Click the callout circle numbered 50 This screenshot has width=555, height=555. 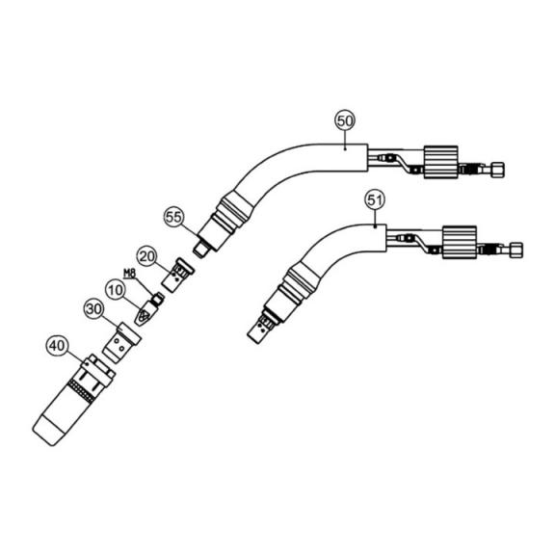click(x=345, y=120)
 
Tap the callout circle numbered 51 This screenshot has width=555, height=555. click(x=375, y=200)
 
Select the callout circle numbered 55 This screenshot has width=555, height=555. click(x=173, y=217)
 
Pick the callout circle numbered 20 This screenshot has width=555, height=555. click(x=146, y=256)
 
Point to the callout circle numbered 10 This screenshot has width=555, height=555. click(x=115, y=290)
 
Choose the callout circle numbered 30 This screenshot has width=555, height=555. click(x=94, y=309)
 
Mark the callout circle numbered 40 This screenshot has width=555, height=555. click(x=57, y=346)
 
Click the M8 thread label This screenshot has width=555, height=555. click(x=129, y=274)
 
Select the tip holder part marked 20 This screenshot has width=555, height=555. click(x=177, y=275)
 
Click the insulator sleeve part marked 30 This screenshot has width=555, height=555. click(x=121, y=343)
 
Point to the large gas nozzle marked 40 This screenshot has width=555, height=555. click(x=74, y=400)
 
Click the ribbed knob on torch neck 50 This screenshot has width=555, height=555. click(x=441, y=162)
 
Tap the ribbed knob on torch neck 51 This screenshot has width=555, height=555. click(x=460, y=242)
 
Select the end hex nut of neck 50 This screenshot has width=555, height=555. click(x=498, y=170)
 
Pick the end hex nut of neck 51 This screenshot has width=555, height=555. click(x=516, y=250)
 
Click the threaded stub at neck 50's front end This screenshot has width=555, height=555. click(x=201, y=249)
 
